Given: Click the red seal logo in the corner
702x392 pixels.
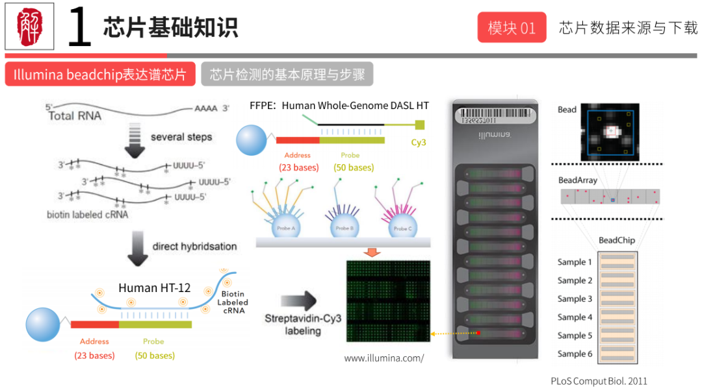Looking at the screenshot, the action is point(29,27).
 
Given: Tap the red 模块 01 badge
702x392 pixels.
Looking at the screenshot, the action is point(512,28).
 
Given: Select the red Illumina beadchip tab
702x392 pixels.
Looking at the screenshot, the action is point(100,75).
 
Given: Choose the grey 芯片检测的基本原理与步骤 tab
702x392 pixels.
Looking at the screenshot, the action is point(287,75).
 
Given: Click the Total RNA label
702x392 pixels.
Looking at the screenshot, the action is point(75,116).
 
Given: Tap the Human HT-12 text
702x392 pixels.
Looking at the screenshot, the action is point(154,288).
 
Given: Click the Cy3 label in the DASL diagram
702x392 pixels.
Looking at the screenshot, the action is point(419,142).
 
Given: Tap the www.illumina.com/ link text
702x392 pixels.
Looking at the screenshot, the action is point(383,358).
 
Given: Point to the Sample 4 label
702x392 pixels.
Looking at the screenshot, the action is point(575,317).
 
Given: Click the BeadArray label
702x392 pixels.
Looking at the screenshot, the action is point(577,180).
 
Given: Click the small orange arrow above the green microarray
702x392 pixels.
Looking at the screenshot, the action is point(371,252).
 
